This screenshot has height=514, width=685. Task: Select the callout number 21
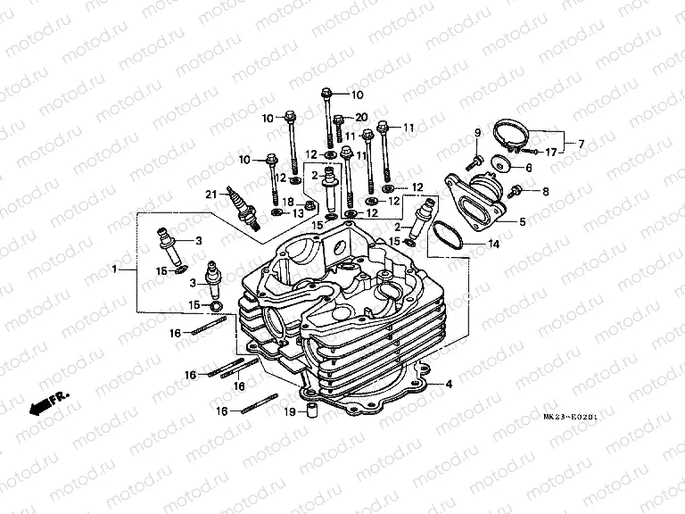coord(211,195)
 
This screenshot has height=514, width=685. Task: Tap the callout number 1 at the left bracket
coord(113,268)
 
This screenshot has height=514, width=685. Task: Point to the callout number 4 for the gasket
coord(449,385)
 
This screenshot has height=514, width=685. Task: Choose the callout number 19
coord(290,411)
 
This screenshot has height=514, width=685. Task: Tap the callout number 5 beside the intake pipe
coord(523,221)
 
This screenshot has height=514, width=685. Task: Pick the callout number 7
coord(582,144)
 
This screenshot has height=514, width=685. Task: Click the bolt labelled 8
coord(517,191)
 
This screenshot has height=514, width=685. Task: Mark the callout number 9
coord(477,133)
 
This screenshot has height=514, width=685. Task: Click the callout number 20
coord(361,118)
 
